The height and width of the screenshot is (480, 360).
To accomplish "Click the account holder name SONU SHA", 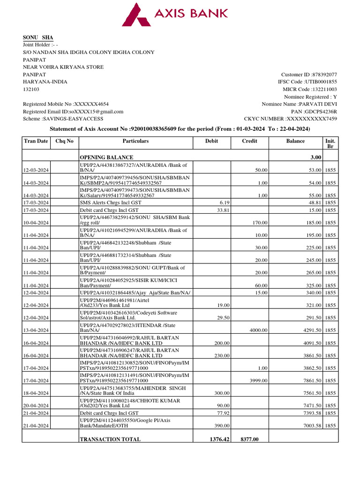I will point(38,37).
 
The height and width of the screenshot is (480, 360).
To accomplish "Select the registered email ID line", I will point(73,112).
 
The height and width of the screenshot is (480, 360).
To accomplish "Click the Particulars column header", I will point(135,141).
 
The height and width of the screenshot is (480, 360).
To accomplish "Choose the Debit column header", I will point(211,141).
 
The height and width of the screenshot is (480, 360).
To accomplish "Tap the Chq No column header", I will point(64,141).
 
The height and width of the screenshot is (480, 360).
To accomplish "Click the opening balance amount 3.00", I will point(315,157).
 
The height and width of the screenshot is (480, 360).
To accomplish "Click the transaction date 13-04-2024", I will point(38,330).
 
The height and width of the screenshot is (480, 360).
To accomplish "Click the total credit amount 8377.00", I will point(249,439).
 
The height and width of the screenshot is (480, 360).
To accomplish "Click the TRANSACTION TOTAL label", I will point(110,439).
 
